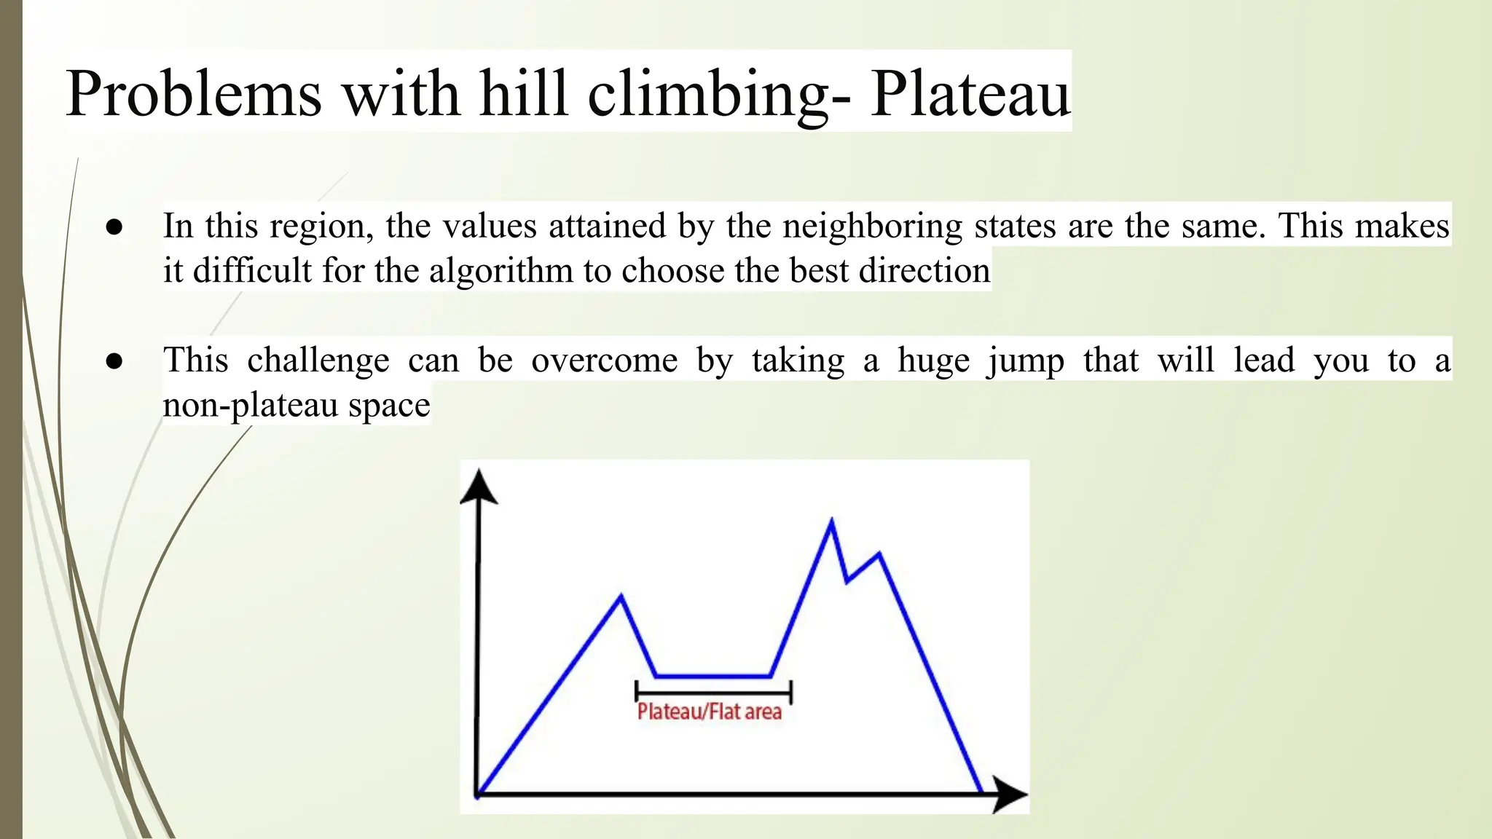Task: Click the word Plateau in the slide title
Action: (970, 93)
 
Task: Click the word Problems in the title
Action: (194, 93)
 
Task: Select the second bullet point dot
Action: (114, 361)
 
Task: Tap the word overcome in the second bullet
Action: (604, 361)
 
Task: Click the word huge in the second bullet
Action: (933, 361)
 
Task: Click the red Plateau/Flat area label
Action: (709, 712)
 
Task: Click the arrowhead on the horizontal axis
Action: (1009, 794)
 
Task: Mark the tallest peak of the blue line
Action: (831, 521)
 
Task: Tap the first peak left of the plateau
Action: (621, 596)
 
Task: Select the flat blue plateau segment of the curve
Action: (712, 677)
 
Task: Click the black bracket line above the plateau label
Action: (712, 692)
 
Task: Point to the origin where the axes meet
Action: (478, 794)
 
